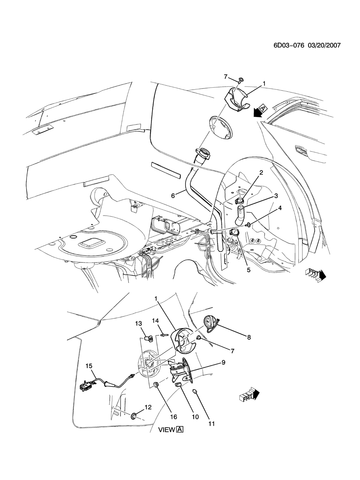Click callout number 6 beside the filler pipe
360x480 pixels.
(x=173, y=196)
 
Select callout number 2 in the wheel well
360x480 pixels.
(x=261, y=172)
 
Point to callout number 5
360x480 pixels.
(x=248, y=270)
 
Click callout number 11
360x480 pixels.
(x=211, y=430)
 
